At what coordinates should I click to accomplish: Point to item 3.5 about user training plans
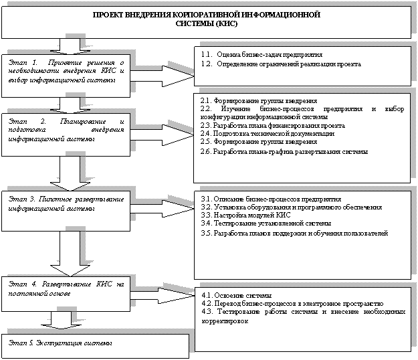pyautogui.click(x=294, y=234)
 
